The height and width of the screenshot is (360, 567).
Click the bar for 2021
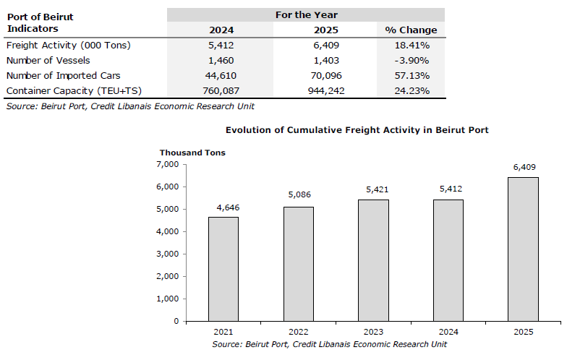click(x=223, y=269)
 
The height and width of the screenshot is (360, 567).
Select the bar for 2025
click(x=524, y=249)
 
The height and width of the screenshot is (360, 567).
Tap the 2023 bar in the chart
click(x=373, y=260)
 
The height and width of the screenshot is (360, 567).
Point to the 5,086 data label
click(x=299, y=195)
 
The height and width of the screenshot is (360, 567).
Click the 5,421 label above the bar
click(x=378, y=189)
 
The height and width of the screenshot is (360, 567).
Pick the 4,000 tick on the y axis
click(x=168, y=231)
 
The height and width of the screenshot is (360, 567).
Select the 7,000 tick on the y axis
click(x=168, y=165)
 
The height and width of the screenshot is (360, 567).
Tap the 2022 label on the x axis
click(x=298, y=332)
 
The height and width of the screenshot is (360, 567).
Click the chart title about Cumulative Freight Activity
click(x=357, y=130)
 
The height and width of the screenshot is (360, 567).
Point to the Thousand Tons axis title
click(x=192, y=153)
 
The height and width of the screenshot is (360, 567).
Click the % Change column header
click(x=411, y=30)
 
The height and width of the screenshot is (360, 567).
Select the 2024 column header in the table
click(x=221, y=30)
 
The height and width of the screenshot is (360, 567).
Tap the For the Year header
click(x=307, y=14)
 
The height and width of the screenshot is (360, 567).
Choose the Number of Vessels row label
click(x=48, y=61)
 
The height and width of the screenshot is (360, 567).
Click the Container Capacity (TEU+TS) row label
click(x=74, y=91)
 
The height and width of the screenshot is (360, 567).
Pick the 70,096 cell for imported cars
click(x=326, y=75)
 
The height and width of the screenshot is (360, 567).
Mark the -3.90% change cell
click(x=412, y=61)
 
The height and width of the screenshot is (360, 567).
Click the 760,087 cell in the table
click(x=221, y=91)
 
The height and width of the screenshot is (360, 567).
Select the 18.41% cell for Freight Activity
click(x=412, y=45)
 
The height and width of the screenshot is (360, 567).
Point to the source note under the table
click(x=130, y=106)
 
